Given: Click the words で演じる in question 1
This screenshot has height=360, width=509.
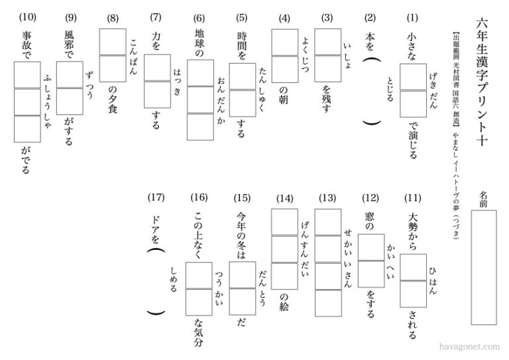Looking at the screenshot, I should [413, 141].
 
